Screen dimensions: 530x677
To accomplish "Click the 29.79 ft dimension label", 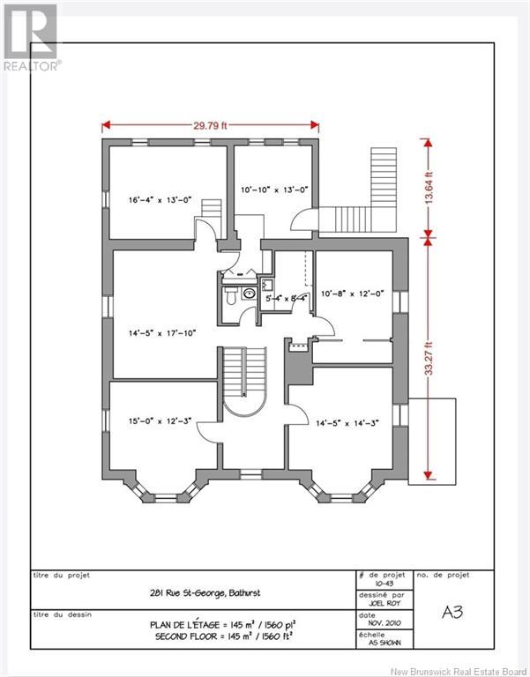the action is click(210, 126).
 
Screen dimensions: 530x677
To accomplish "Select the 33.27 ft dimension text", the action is click(428, 358).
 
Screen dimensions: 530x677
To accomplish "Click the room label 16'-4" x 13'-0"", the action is click(160, 200).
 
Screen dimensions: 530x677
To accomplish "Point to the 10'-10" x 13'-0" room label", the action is click(275, 190).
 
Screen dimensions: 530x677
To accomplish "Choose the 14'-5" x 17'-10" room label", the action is click(162, 333).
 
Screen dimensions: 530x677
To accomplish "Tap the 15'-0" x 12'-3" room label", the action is click(160, 421).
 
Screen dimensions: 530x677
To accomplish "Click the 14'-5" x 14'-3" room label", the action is click(347, 423).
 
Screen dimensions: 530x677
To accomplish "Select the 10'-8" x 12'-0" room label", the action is click(353, 294).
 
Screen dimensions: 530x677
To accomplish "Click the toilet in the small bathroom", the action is click(229, 296).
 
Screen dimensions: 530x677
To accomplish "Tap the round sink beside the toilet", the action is click(249, 294).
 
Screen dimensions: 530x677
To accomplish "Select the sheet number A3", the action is click(452, 613).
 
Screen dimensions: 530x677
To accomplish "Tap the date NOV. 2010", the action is click(384, 623).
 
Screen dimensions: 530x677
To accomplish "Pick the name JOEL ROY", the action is click(384, 603).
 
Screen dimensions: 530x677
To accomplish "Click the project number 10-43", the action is click(384, 584).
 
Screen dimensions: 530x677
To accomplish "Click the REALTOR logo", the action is click(31, 38).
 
